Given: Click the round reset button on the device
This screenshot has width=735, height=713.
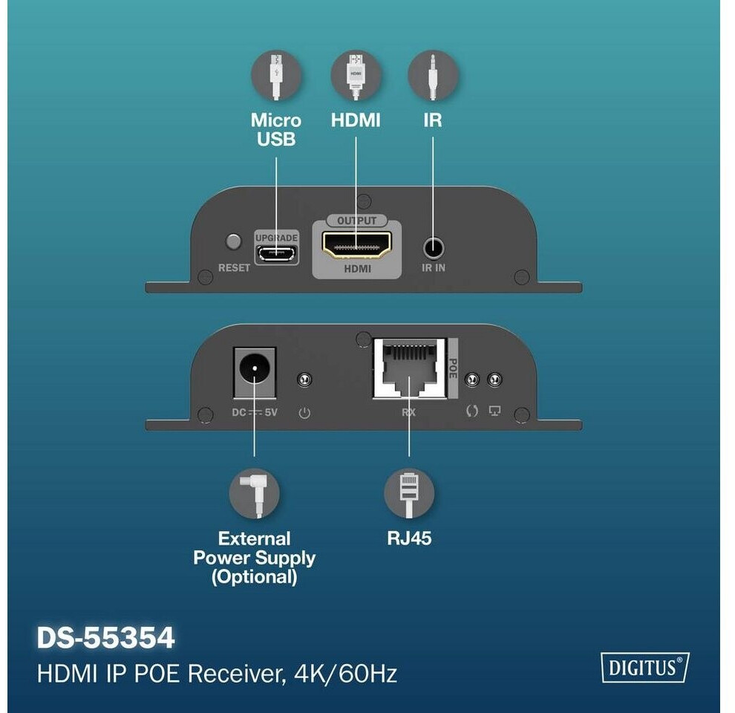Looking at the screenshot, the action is coord(233,241).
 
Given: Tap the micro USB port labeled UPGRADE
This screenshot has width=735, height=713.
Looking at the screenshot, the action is coord(277,253).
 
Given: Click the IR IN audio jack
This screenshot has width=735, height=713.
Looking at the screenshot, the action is coord(434,248).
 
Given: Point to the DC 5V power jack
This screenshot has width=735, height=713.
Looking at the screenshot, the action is coord(255,368).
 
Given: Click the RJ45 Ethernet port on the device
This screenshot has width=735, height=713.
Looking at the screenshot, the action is coord(409,368).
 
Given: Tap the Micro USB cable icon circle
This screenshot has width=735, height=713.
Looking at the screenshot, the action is coord(276,76).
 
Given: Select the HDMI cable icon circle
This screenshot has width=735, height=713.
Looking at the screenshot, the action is coord(356,76).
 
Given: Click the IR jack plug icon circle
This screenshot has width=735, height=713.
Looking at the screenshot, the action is coord(433,76).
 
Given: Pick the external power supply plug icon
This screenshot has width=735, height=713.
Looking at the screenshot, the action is coord(255,493).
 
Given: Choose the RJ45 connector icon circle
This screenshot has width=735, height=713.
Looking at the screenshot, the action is coord(409,493).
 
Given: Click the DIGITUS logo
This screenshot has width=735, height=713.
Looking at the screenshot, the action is coord(645,667).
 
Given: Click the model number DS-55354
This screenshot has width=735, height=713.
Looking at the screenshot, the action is coord(106,638).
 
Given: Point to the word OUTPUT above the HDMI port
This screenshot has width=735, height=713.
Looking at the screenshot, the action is coord(356,221).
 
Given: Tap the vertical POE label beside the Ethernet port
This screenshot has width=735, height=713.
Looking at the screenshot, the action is coord(453,368).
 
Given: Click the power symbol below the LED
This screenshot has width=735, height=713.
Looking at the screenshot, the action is coord(304,413).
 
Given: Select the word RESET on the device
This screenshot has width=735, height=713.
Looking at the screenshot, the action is coord(235,268).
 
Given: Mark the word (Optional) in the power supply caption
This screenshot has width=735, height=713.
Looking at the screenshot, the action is coord(255,577).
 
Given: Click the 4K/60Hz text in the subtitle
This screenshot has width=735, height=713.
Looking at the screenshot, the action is coord(345,674).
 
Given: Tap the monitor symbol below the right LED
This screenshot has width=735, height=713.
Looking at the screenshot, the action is coord(494,411).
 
